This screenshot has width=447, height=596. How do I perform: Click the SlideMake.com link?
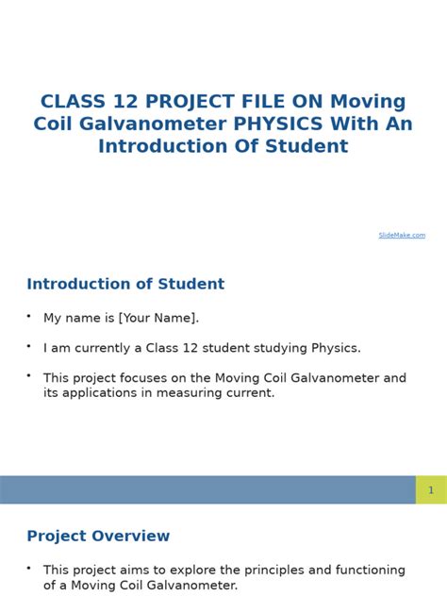click(x=402, y=235)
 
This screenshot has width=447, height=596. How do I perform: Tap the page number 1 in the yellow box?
click(x=431, y=489)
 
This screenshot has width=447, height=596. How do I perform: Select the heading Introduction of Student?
click(x=125, y=284)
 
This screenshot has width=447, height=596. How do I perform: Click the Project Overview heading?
click(x=98, y=536)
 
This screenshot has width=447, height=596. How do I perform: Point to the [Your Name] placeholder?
click(x=158, y=318)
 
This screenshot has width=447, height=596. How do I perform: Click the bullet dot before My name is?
click(x=29, y=315)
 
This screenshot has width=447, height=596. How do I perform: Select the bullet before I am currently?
click(x=29, y=345)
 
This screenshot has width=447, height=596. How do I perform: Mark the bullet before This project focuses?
click(x=29, y=375)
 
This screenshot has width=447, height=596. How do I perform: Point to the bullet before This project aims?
click(x=29, y=568)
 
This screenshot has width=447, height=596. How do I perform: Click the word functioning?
click(x=352, y=571)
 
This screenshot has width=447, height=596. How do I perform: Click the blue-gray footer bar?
click(x=207, y=489)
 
